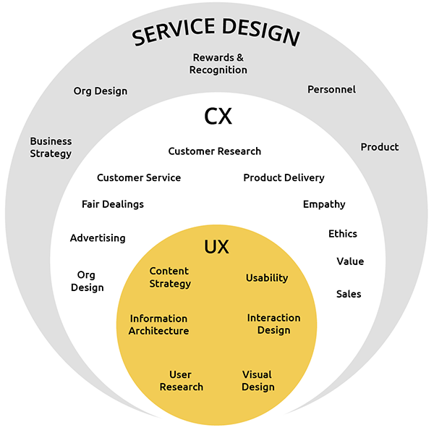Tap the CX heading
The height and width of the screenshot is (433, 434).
pyautogui.click(x=217, y=115)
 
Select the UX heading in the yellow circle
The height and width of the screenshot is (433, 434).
pyautogui.click(x=216, y=247)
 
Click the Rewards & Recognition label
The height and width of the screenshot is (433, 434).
pyautogui.click(x=218, y=64)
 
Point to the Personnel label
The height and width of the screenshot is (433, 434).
pyautogui.click(x=331, y=90)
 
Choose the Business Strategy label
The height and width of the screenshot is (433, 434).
pyautogui.click(x=51, y=147)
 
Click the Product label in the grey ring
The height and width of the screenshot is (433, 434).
pyautogui.click(x=380, y=147)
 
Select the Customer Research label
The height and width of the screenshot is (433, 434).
pyautogui.click(x=215, y=151)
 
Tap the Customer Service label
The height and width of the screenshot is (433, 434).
pyautogui.click(x=139, y=177)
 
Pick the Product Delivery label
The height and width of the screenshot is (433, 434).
pyautogui.click(x=284, y=177)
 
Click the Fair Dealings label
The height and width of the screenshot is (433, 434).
pyautogui.click(x=113, y=204)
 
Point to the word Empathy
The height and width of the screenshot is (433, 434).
pyautogui.click(x=324, y=204)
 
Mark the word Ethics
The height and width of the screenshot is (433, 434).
pyautogui.click(x=343, y=234)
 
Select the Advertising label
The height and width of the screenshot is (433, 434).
pyautogui.click(x=98, y=237)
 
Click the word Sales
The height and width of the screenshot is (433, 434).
pyautogui.click(x=349, y=294)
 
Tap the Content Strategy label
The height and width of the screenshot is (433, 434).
pyautogui.click(x=170, y=277)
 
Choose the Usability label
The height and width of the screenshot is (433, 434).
pyautogui.click(x=267, y=278)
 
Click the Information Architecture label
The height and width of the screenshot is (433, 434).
pyautogui.click(x=158, y=324)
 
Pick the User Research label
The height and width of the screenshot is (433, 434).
pyautogui.click(x=181, y=380)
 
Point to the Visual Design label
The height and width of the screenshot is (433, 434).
pyautogui.click(x=258, y=380)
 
